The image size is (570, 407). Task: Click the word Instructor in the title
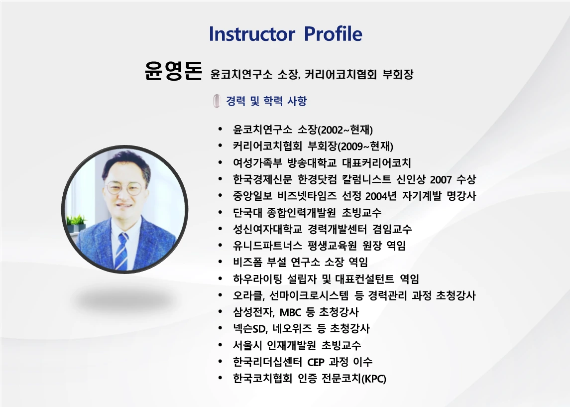coord(252,34)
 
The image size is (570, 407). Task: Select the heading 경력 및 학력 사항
coord(266,101)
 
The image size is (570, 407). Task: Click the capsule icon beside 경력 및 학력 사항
coord(217,101)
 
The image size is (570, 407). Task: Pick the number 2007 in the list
coord(440,179)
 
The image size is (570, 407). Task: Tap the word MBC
coord(291,312)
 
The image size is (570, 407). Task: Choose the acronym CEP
coord(316,362)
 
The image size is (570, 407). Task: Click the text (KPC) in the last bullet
coord(374,379)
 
